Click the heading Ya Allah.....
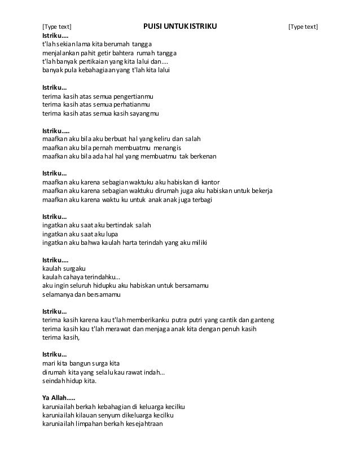coord(54,398)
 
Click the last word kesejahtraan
coord(141,424)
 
